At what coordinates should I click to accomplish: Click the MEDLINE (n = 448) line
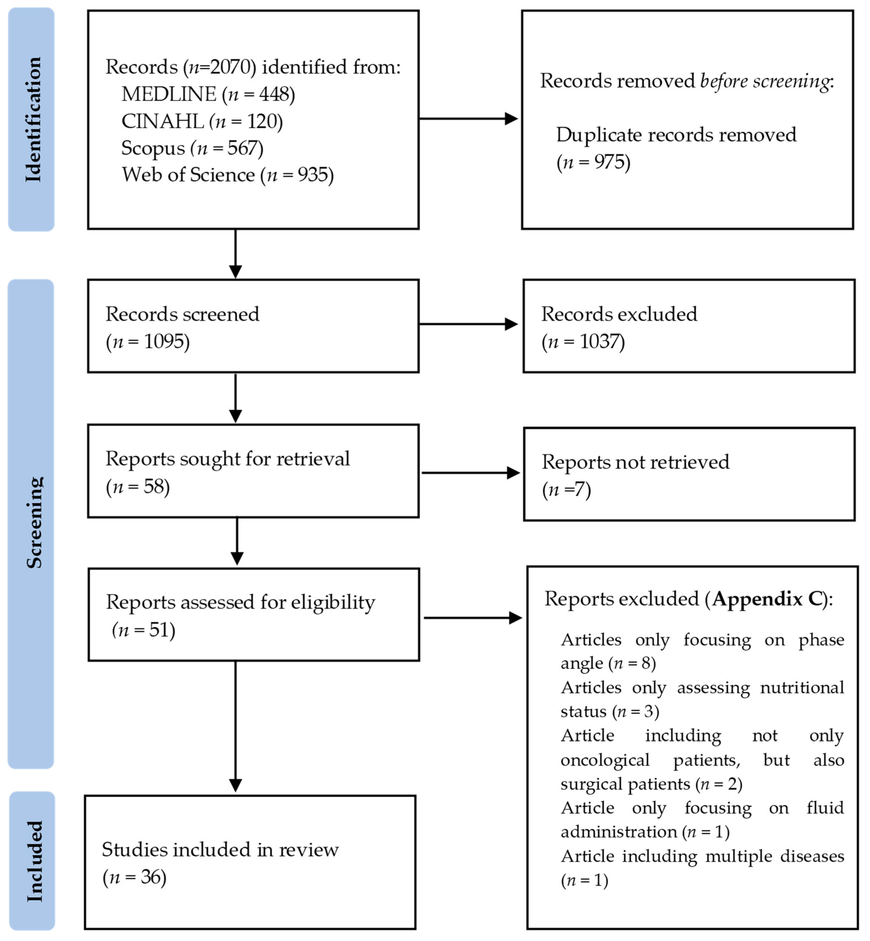[x=208, y=94]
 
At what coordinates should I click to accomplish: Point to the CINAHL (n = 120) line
[x=202, y=121]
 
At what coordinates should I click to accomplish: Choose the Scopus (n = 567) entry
[x=192, y=148]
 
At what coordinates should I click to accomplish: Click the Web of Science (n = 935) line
[x=227, y=175]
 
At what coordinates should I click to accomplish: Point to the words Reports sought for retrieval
[x=227, y=459]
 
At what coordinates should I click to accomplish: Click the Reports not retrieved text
[x=635, y=462]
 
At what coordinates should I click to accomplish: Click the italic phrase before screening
[x=765, y=81]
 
